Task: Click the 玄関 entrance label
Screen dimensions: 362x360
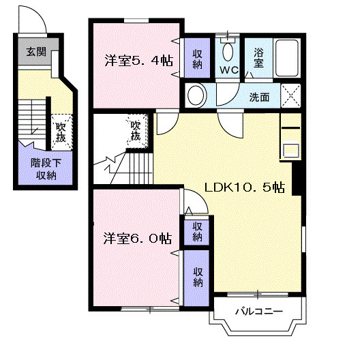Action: pos(36,52)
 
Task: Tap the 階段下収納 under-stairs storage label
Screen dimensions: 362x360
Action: pos(46,169)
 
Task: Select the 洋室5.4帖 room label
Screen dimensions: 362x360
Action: pos(139,61)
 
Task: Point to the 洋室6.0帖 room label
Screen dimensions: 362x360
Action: pos(138,239)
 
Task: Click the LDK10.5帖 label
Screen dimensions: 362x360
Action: pos(245,187)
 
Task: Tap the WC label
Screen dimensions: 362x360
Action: pos(229,70)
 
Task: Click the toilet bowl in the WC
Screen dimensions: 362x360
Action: pos(228,52)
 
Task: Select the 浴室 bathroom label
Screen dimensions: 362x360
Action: pos(258,58)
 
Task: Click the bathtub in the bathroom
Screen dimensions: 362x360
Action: pos(287,58)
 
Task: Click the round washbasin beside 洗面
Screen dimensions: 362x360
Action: pos(196,95)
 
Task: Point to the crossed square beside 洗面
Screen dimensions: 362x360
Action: pos(290,95)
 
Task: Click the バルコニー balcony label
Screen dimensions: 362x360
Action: pos(259,312)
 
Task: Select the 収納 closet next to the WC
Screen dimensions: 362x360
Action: pos(198,58)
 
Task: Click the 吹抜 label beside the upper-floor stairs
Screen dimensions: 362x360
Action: pos(136,131)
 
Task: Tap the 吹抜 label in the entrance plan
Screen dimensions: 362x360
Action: pos(61,133)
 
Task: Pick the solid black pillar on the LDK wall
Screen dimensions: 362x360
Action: pos(297,179)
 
